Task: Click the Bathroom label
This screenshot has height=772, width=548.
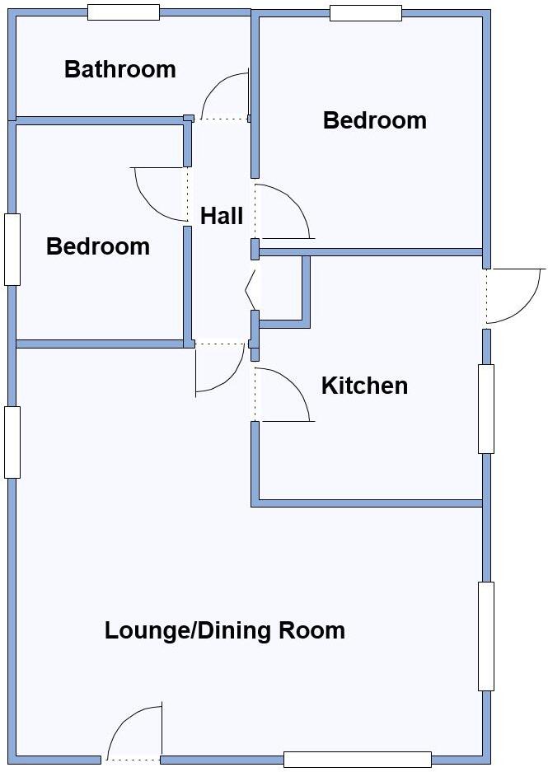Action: click(119, 69)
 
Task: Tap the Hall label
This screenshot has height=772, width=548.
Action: click(222, 217)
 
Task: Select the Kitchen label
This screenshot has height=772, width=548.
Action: click(364, 386)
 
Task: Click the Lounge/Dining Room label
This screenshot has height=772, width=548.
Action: click(224, 631)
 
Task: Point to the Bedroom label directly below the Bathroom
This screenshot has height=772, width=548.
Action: click(97, 246)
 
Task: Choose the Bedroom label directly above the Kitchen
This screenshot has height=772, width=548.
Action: click(374, 120)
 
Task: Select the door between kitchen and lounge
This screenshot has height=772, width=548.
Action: click(283, 395)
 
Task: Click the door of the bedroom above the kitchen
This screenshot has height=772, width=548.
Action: click(283, 211)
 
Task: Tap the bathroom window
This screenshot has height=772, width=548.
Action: click(123, 12)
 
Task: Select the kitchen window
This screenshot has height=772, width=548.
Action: click(486, 409)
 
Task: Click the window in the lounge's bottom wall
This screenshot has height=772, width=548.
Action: click(357, 760)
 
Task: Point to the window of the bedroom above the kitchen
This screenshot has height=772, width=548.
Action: click(365, 12)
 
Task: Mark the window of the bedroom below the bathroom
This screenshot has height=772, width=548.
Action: click(12, 250)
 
